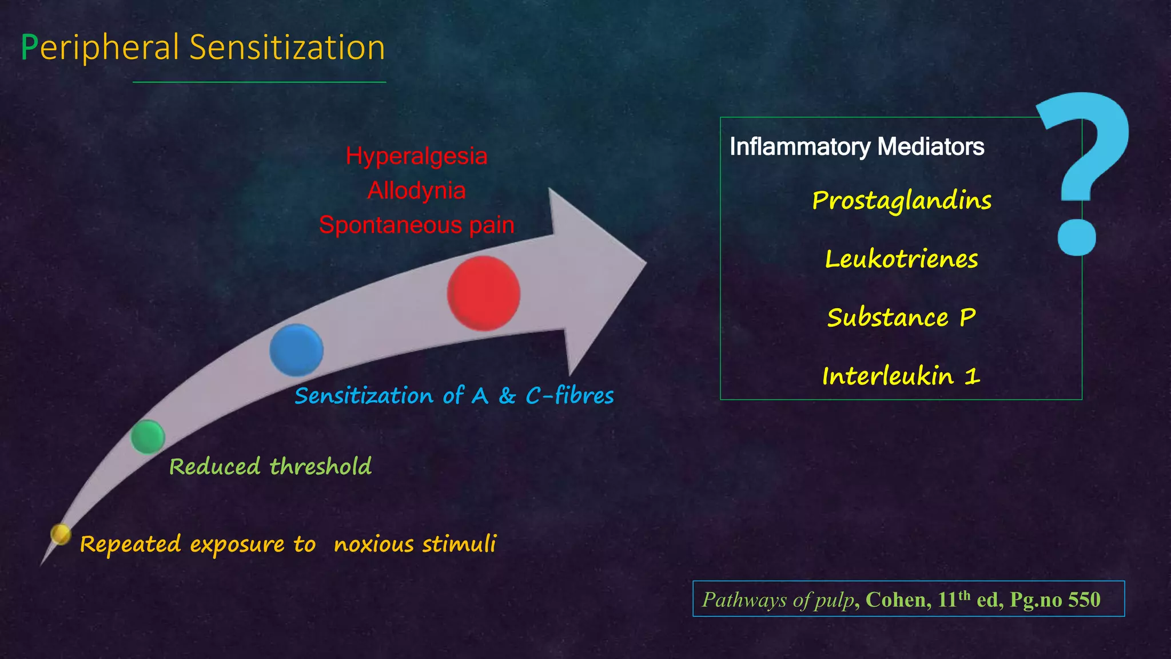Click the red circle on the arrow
tap(484, 293)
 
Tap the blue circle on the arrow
tap(296, 350)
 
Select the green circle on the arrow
tap(148, 436)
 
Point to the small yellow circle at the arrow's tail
tap(60, 534)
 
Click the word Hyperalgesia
tap(416, 156)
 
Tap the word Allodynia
tap(416, 190)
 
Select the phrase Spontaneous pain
tap(416, 225)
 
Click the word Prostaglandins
tap(902, 201)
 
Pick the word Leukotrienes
tap(902, 259)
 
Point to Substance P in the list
tap(901, 317)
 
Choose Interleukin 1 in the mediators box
tap(901, 376)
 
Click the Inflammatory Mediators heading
tap(857, 147)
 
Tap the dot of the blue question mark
tap(1077, 237)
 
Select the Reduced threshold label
tap(270, 467)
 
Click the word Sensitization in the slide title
tap(287, 47)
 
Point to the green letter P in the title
tap(29, 47)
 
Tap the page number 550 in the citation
tap(1084, 600)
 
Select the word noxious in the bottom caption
tap(373, 544)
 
